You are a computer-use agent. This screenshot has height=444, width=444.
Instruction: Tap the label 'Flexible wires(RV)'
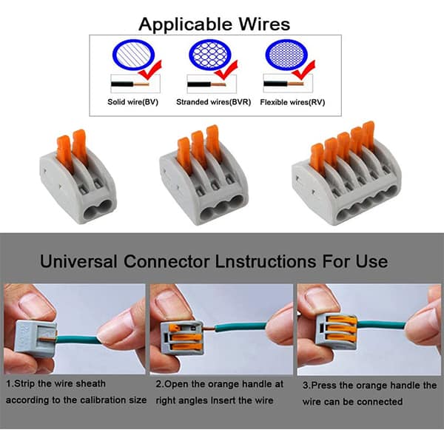click(x=292, y=101)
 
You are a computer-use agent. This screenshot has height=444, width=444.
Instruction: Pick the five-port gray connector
click(x=346, y=185)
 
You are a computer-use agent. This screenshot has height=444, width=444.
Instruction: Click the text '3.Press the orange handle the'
click(x=369, y=385)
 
